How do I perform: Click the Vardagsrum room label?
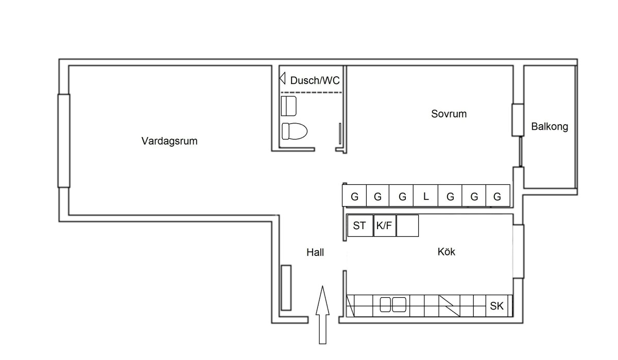[x=169, y=141]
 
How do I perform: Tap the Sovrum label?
[x=449, y=114]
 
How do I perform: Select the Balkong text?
[x=550, y=127]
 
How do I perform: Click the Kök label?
[x=447, y=252]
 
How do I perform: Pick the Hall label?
[x=315, y=252]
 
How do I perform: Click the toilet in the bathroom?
[x=294, y=131]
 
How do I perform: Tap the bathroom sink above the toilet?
[x=288, y=106]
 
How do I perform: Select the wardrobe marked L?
[x=426, y=196]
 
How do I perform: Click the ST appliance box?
[x=359, y=226]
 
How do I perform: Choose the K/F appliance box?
[x=384, y=226]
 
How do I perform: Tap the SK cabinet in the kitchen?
[x=497, y=306]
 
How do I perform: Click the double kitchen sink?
[x=393, y=305]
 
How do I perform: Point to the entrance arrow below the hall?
[x=322, y=314]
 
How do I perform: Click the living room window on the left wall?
[x=63, y=141]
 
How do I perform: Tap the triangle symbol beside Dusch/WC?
[x=282, y=79]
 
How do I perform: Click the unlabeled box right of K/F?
[x=408, y=226]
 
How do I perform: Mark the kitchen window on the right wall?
[x=518, y=252]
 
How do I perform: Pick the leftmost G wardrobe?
[x=354, y=196]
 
